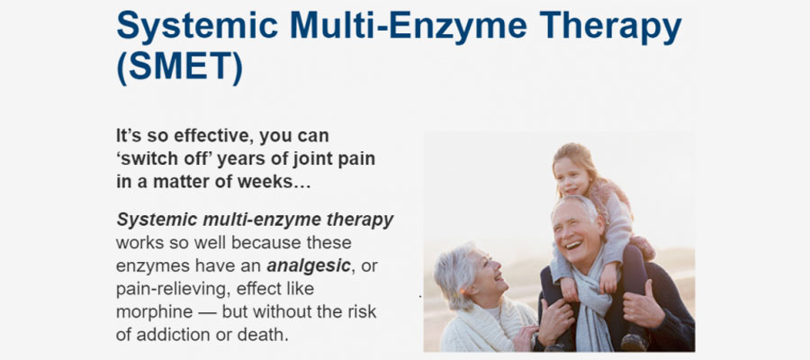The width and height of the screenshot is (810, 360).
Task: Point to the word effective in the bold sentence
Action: coord(213,136)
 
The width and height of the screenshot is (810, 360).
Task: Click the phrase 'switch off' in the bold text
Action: coord(164,159)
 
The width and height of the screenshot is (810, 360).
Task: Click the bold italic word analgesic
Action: coord(309,266)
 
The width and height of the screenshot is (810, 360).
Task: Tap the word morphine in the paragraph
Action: coord(151,312)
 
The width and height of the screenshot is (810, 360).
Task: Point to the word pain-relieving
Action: coord(172,290)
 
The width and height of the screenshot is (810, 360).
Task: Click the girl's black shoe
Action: coord(634,343)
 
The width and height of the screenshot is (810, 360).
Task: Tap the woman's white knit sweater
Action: coord(486,328)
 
